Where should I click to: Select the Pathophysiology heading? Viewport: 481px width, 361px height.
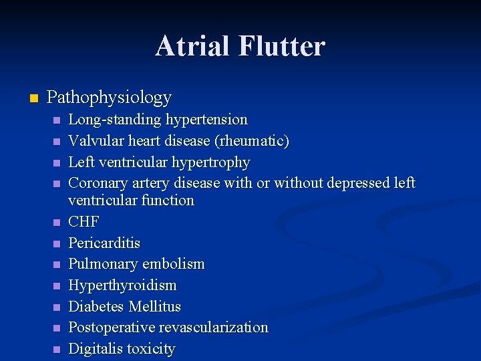pyautogui.click(x=110, y=98)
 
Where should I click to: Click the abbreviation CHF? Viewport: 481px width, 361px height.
pyautogui.click(x=84, y=221)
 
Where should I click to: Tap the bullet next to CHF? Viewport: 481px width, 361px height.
pyautogui.click(x=57, y=222)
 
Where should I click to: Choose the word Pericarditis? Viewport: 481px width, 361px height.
pyautogui.click(x=105, y=243)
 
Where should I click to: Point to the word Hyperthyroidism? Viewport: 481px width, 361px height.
pyautogui.click(x=123, y=285)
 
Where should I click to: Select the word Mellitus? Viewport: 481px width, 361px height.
pyautogui.click(x=155, y=306)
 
